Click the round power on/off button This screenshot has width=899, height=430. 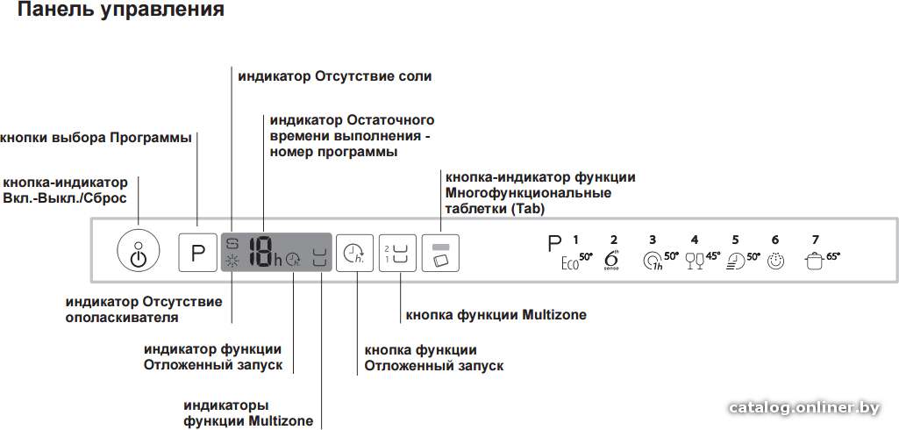point(139,250)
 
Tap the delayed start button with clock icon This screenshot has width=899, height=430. point(354,253)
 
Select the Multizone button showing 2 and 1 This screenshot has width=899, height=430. point(397,253)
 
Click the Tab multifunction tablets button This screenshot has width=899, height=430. point(440,253)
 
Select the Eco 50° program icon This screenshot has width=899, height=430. point(577,262)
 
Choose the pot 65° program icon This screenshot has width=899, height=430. point(823,261)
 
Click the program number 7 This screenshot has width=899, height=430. point(816,240)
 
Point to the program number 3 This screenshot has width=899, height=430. point(653,240)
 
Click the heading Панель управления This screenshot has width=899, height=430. point(121,11)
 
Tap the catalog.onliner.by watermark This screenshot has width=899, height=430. point(803,408)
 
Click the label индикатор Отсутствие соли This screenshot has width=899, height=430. point(335,75)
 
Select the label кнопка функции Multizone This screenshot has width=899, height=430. point(496,315)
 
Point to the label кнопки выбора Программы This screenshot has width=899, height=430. point(96,138)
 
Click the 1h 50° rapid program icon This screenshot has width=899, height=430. point(661,262)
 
